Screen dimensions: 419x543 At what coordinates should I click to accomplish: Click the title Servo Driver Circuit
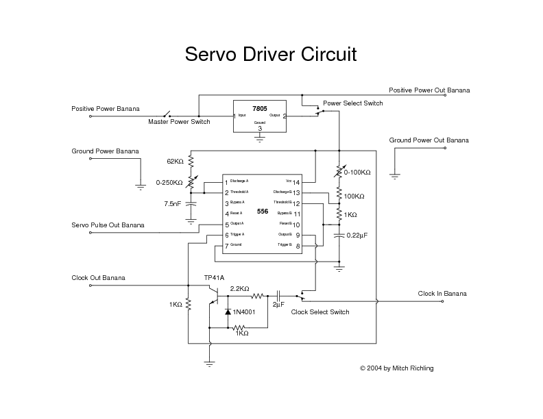[x=271, y=55]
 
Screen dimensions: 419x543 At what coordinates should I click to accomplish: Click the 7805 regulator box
[x=260, y=117]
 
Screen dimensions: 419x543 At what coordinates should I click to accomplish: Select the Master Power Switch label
[x=179, y=122]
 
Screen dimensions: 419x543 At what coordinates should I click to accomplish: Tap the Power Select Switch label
[x=352, y=103]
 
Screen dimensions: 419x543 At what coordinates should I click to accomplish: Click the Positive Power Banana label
[x=105, y=109]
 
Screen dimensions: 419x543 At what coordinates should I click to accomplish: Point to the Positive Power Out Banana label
[x=429, y=90]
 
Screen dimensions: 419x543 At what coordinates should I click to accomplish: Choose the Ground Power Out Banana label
[x=429, y=140]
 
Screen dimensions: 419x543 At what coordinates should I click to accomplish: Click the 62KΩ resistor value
[x=175, y=162]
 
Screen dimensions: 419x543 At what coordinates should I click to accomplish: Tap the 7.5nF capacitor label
[x=173, y=204]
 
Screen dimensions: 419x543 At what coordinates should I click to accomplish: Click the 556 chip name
[x=263, y=212]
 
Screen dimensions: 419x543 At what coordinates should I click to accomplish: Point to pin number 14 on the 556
[x=296, y=183]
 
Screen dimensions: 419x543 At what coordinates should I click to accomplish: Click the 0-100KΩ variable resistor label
[x=357, y=173]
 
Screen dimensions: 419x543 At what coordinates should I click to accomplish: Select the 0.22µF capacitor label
[x=357, y=236]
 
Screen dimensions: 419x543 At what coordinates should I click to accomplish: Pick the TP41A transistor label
[x=214, y=278]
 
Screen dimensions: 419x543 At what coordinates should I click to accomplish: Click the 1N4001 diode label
[x=243, y=312]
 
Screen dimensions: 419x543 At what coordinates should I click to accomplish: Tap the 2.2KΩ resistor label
[x=239, y=289]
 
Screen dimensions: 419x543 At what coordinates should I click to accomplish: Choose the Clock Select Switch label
[x=320, y=312]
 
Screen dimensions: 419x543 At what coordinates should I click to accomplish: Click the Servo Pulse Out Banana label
[x=108, y=225]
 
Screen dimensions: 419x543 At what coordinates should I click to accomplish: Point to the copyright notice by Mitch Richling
[x=396, y=368]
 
